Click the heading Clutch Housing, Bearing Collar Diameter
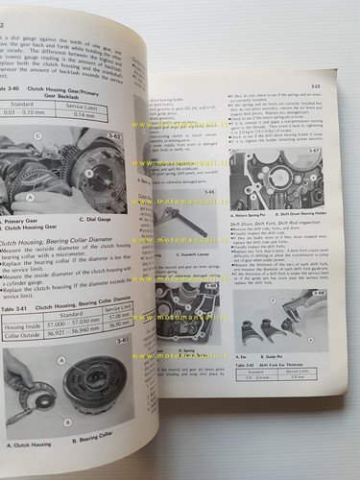(x=67, y=246)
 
